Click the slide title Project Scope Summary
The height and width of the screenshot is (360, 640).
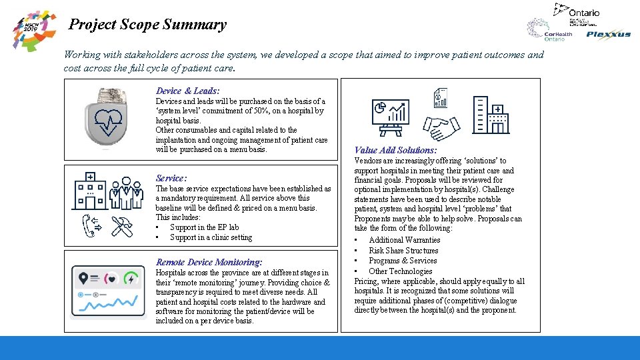[148, 25]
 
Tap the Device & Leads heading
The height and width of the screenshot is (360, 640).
[188, 91]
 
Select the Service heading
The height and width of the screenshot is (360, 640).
[171, 178]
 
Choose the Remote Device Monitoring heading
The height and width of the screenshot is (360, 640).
[209, 262]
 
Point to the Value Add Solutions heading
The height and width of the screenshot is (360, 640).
[395, 151]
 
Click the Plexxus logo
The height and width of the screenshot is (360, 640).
[608, 35]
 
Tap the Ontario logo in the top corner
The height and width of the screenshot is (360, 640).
[577, 11]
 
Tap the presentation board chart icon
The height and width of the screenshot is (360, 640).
[390, 116]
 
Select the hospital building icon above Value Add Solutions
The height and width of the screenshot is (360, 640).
[490, 115]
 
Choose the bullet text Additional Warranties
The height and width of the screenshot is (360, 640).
[404, 240]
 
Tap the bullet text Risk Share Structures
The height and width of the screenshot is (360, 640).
[403, 251]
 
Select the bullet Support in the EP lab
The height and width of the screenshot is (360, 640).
[204, 227]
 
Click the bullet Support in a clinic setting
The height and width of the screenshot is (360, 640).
[211, 237]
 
